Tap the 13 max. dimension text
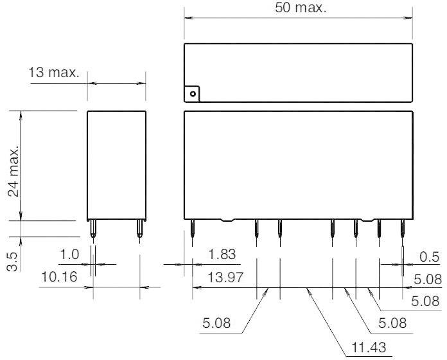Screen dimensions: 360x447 54,73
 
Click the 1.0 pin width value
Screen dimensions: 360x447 69,255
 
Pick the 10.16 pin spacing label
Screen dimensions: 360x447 58,277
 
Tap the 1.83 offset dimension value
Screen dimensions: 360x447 222,255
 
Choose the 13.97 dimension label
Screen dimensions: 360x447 225,277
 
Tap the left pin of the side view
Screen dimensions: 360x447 94,229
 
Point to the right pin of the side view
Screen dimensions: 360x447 139,229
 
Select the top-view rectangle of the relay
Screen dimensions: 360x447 297,72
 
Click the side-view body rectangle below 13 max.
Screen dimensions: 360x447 116,165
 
